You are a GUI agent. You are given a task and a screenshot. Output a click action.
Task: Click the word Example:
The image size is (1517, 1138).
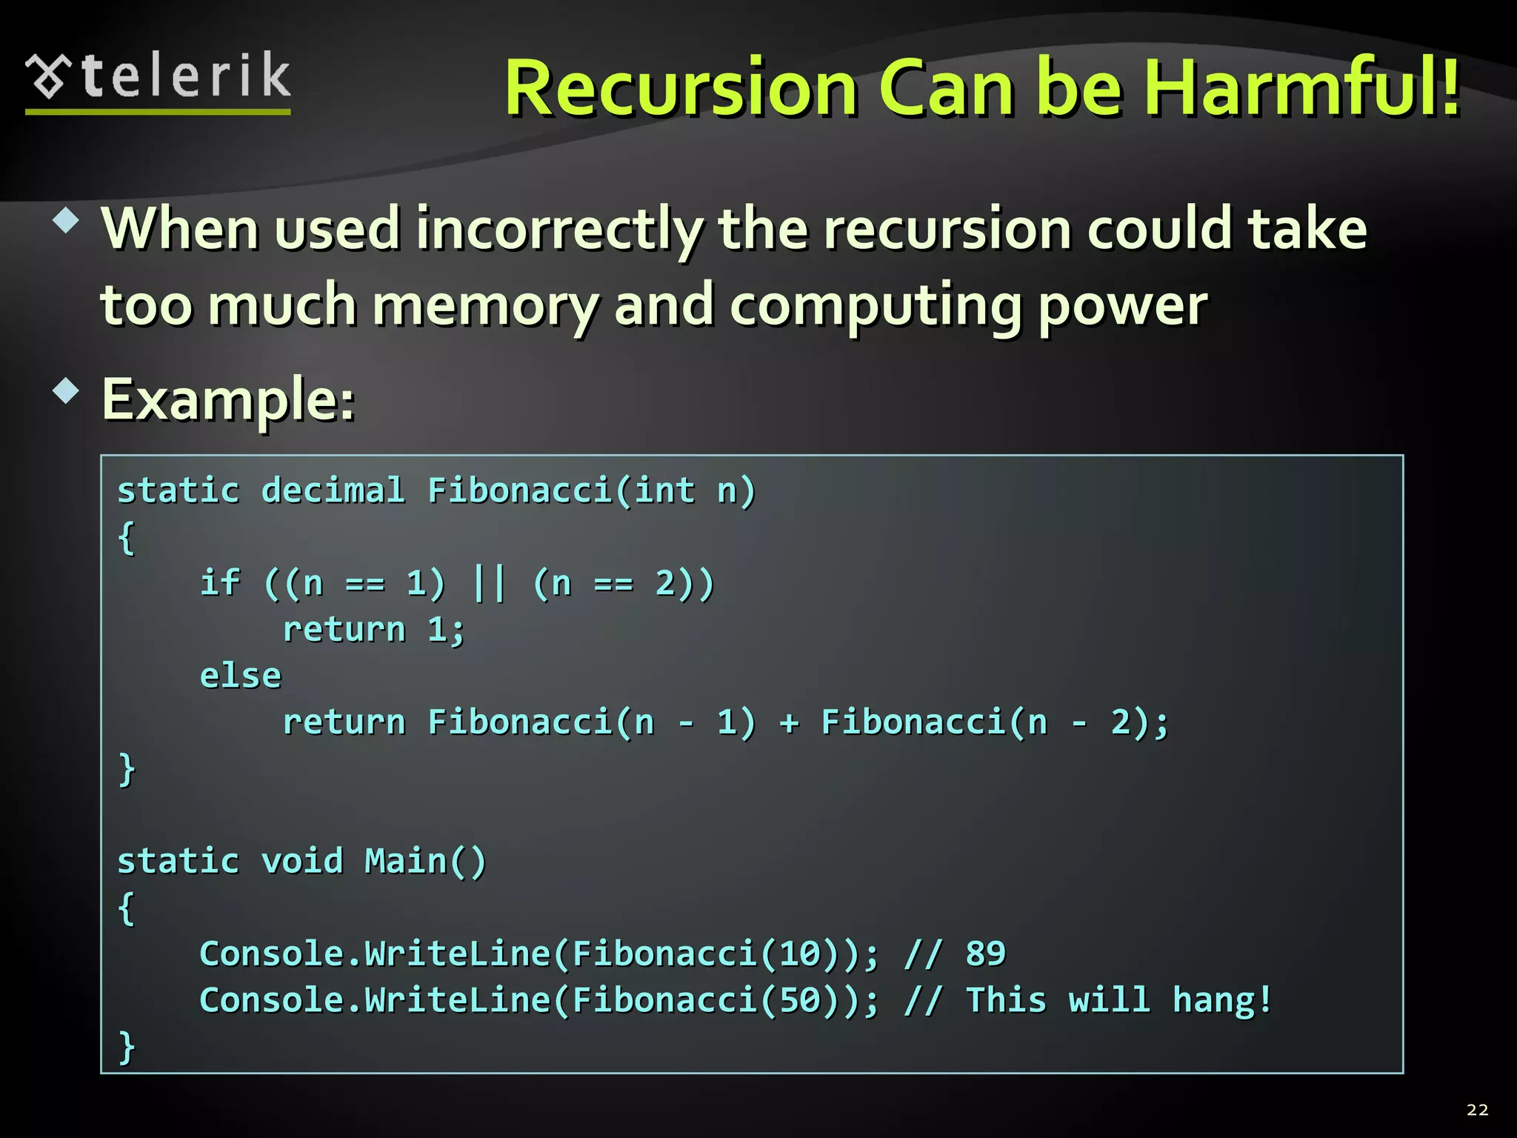tap(228, 400)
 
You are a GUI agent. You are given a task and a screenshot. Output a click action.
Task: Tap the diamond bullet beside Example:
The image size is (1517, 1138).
tap(67, 390)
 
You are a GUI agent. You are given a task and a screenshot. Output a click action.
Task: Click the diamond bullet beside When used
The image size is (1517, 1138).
tap(67, 220)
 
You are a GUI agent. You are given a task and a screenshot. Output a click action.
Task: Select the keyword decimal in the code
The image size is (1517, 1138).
tap(333, 490)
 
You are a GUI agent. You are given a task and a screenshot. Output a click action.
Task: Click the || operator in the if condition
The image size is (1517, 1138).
tap(489, 583)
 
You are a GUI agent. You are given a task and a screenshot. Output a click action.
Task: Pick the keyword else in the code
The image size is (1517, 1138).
tap(241, 676)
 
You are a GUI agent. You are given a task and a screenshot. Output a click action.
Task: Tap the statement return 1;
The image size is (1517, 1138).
tap(374, 630)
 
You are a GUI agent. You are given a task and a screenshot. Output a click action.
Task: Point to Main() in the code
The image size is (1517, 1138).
tap(425, 861)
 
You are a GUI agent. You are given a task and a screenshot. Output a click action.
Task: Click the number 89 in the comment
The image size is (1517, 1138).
tap(985, 954)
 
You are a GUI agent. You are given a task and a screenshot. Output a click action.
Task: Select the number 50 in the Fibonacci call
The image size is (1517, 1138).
tap(799, 1000)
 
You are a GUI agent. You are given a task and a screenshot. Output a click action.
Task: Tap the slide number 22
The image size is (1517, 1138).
tap(1477, 1110)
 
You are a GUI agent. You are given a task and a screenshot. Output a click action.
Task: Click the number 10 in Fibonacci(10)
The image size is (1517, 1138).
tap(799, 954)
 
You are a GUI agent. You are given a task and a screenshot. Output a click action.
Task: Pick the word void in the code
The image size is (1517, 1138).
tap(302, 861)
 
